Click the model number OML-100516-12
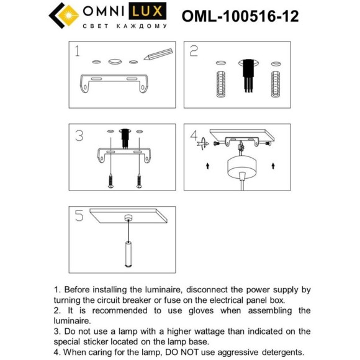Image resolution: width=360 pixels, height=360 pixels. [240, 16]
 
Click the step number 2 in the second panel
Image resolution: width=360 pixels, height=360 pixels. [194, 51]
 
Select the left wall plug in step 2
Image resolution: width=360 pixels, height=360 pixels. [220, 84]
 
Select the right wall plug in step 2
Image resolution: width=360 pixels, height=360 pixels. [276, 84]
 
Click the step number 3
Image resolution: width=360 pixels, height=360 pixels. [79, 135]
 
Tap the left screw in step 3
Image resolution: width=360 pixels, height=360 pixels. [110, 181]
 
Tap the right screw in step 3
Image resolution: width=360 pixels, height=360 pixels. [139, 181]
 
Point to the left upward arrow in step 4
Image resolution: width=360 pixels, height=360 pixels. [207, 166]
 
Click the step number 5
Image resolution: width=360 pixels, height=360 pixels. [79, 216]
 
